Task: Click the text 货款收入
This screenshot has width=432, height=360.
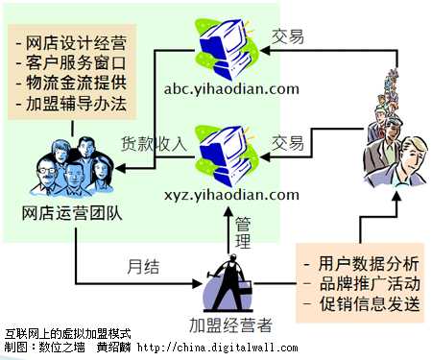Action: [153, 143]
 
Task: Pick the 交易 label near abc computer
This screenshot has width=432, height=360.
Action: [287, 37]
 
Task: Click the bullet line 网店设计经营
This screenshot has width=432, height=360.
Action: [72, 42]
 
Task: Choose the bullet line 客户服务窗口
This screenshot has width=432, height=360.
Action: [72, 62]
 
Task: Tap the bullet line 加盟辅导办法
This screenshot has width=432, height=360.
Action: [72, 103]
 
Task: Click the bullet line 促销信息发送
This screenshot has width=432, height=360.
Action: [359, 304]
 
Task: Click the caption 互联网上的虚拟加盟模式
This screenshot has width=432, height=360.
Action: [67, 333]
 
